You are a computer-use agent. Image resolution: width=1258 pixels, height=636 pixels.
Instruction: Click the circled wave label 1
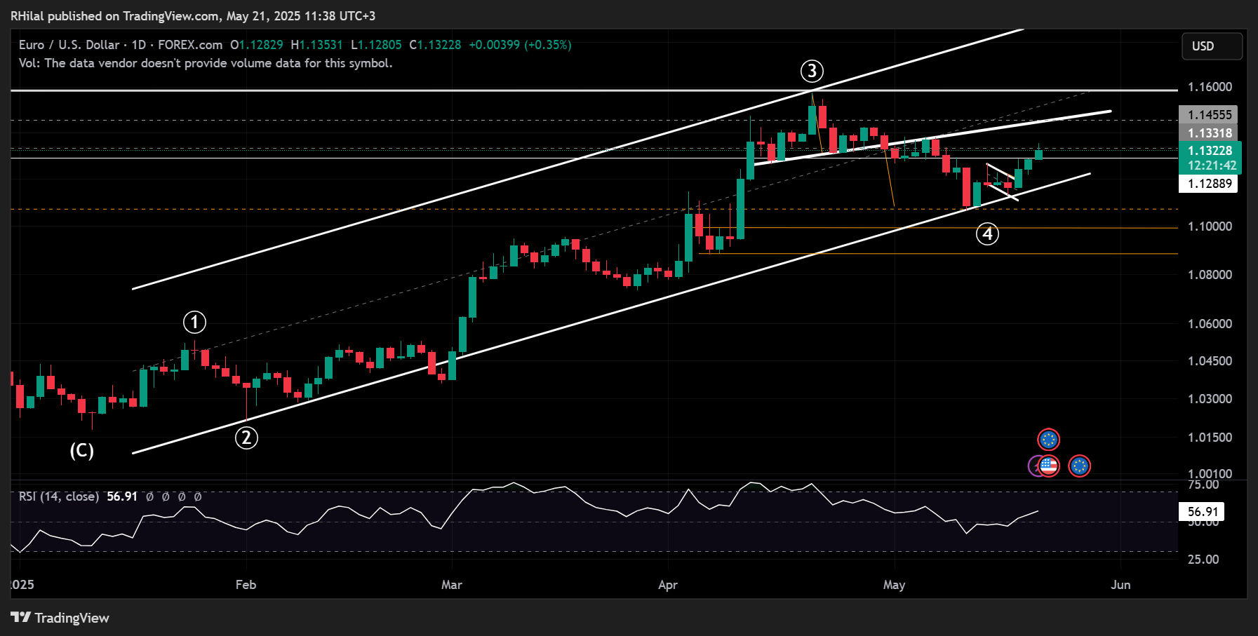(194, 323)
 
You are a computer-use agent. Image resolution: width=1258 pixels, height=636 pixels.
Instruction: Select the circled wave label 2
(246, 438)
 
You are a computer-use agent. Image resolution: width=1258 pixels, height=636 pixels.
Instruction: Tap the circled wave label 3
(812, 71)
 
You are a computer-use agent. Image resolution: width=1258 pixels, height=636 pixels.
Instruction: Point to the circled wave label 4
(987, 234)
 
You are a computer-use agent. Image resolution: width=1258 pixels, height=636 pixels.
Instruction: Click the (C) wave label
(81, 450)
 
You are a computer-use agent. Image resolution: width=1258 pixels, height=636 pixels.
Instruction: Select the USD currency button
(1212, 46)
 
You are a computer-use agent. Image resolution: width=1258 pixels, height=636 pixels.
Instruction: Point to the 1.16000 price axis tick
(1210, 87)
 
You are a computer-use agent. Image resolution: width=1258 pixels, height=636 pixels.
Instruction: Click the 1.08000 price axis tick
(1210, 275)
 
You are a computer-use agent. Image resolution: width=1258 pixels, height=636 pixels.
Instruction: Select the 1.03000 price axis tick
(1210, 399)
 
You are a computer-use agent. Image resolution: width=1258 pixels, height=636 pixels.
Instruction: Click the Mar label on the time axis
(452, 585)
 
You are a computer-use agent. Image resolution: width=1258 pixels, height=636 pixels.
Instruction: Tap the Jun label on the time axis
(1120, 585)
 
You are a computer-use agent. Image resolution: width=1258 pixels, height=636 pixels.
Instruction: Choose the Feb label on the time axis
(246, 585)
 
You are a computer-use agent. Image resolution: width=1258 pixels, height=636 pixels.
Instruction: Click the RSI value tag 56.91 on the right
(1201, 512)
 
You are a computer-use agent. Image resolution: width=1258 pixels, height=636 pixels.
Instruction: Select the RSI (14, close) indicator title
(58, 496)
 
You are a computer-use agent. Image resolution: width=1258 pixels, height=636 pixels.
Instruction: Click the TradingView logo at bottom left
(60, 618)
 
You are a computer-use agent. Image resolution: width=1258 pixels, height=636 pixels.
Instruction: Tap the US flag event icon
(1049, 466)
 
